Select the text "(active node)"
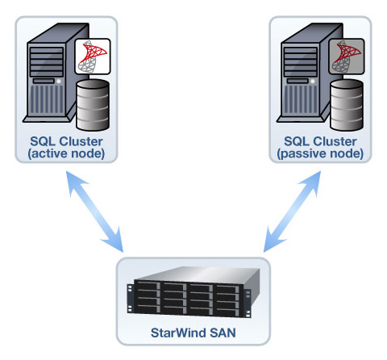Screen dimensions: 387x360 [66, 153]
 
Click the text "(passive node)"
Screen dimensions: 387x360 [320, 153]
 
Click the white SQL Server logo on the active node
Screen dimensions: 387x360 [93, 57]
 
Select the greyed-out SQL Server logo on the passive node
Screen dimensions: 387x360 [347, 57]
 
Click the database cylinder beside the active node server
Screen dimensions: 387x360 [93, 105]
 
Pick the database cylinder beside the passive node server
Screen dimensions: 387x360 [347, 105]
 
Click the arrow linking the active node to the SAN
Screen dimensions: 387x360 [94, 211]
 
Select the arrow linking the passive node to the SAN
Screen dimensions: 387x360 [292, 211]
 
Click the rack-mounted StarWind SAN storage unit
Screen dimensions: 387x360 [193, 292]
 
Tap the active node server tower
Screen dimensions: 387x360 [50, 73]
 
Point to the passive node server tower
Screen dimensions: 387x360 [304, 73]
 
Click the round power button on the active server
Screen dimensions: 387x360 [59, 81]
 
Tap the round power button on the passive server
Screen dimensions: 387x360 [313, 81]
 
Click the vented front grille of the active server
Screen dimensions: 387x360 [47, 99]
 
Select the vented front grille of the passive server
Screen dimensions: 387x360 [301, 99]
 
